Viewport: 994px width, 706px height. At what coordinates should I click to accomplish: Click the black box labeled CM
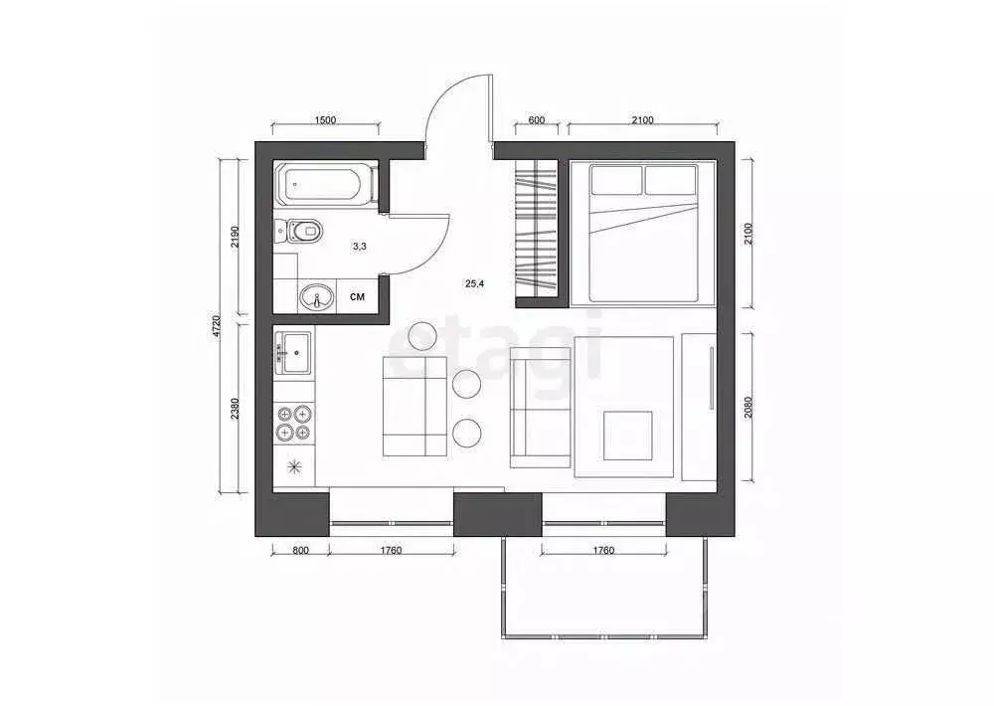[357, 296]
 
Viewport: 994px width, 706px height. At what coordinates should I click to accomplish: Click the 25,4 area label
[475, 283]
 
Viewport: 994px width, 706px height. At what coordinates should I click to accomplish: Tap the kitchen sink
[294, 350]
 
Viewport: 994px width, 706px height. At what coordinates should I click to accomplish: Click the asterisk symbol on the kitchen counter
[294, 465]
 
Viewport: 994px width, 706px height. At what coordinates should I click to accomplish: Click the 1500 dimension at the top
[325, 120]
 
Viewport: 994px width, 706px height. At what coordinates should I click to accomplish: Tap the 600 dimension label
[536, 120]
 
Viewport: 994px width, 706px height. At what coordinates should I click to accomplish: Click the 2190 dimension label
[235, 236]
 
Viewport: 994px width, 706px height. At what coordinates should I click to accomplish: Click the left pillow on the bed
[616, 180]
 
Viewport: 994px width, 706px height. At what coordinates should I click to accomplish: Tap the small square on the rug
[628, 436]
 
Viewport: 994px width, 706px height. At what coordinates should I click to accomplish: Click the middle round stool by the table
[467, 383]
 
